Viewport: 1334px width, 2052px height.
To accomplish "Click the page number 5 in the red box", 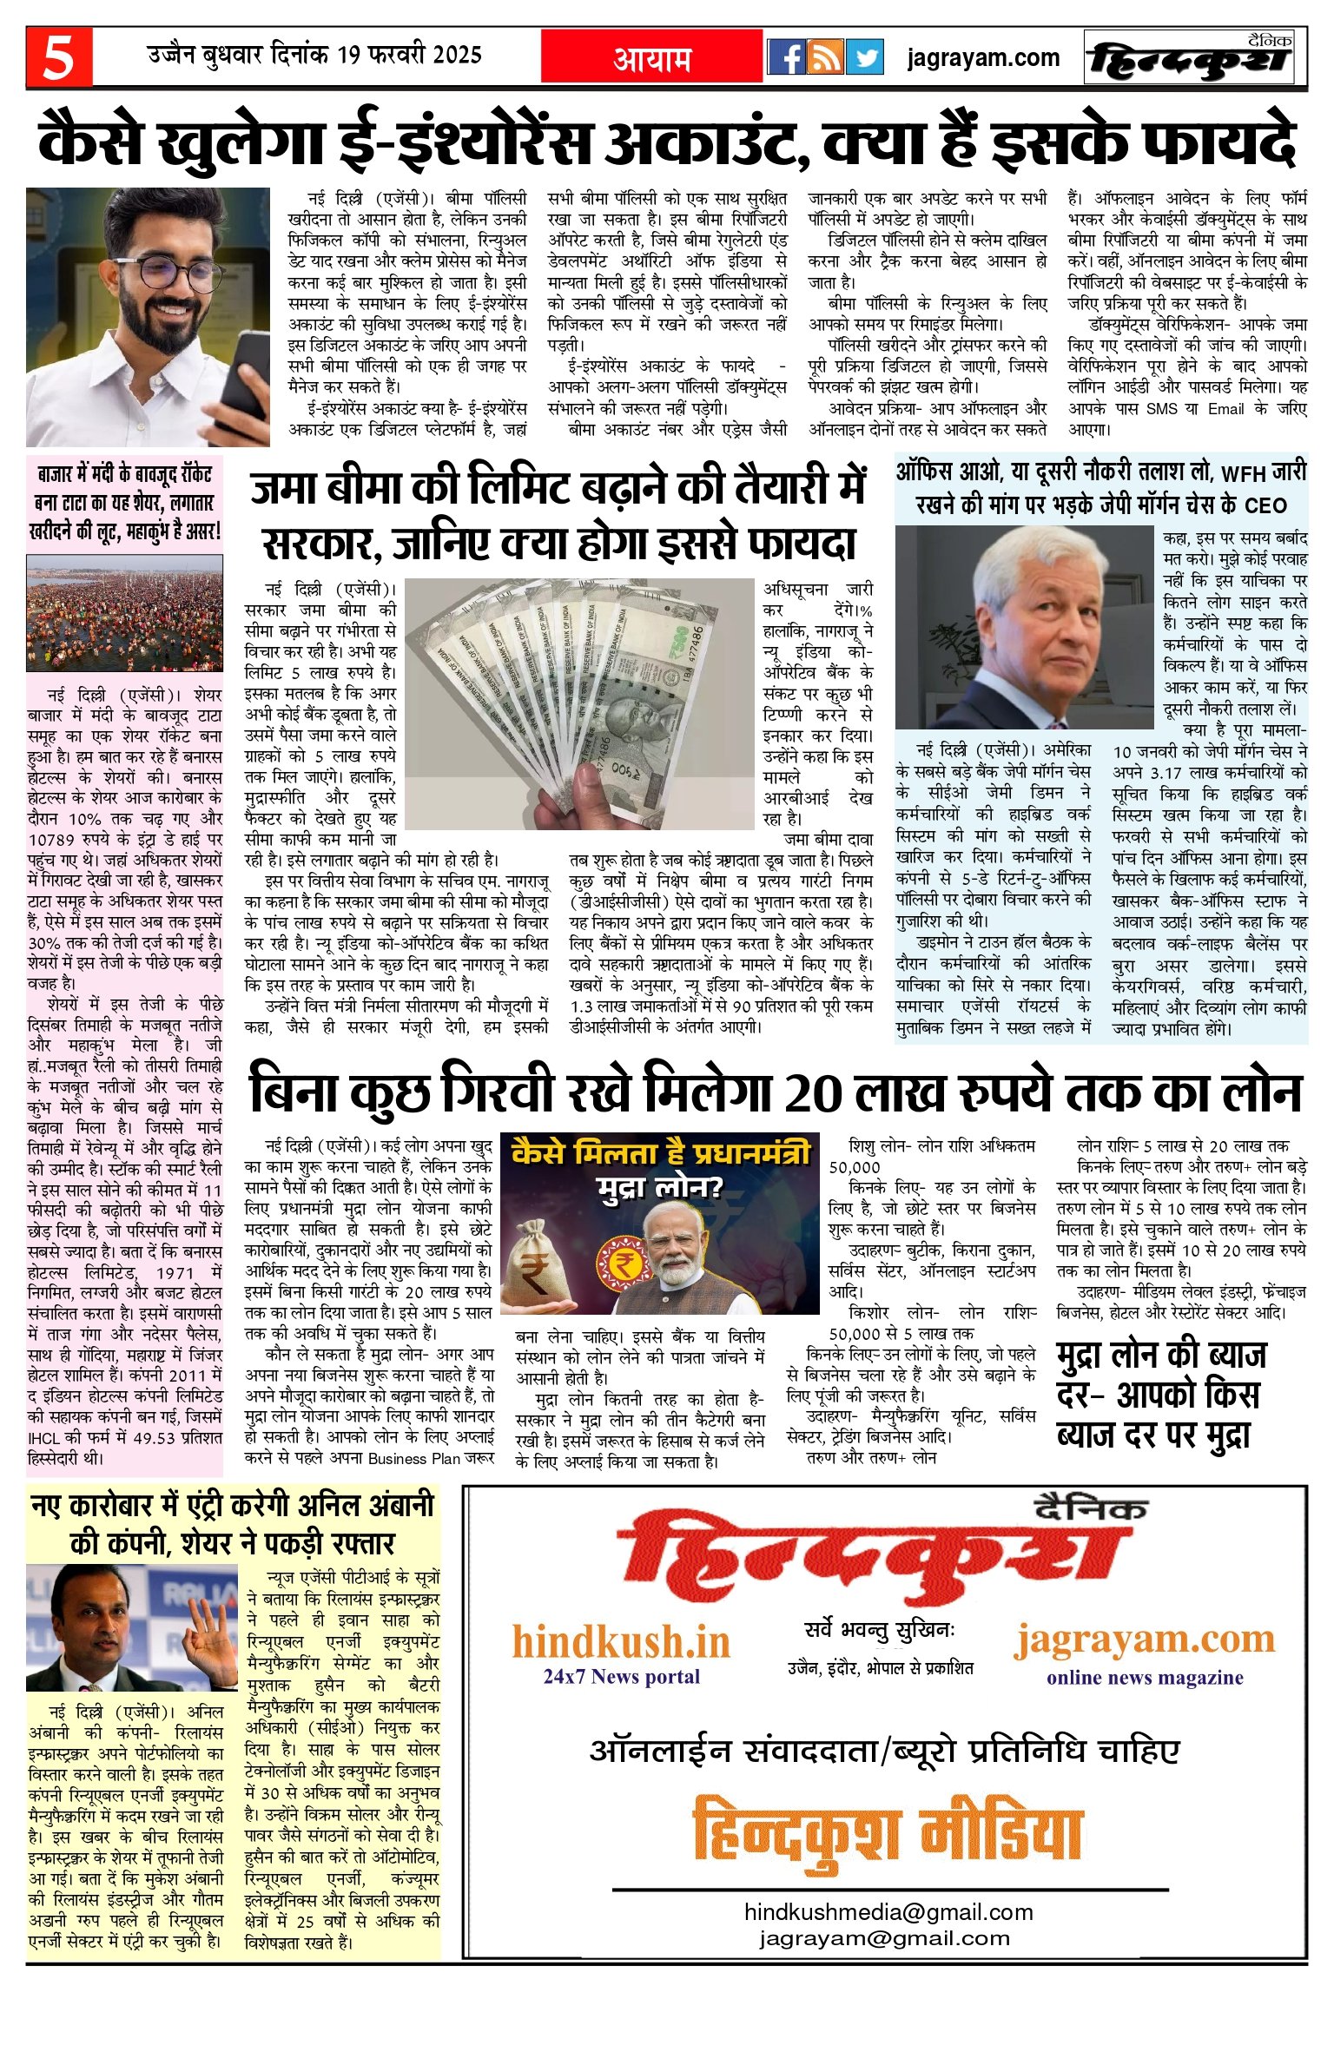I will [x=58, y=57].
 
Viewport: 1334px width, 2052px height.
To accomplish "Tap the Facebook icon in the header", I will [x=786, y=57].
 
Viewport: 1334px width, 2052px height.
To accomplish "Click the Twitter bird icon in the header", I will [x=865, y=57].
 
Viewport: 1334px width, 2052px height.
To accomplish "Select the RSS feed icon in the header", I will [x=825, y=57].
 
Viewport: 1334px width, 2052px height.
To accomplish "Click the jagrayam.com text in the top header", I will [x=983, y=58].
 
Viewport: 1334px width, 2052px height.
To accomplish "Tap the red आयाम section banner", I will [x=651, y=57].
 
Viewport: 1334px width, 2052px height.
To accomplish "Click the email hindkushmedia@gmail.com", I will [x=888, y=1912].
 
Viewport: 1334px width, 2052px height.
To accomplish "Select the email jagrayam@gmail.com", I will [x=884, y=1938].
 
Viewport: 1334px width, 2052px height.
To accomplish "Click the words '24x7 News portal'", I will [x=621, y=1676].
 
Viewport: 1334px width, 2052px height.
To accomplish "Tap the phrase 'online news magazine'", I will [x=1144, y=1677].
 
